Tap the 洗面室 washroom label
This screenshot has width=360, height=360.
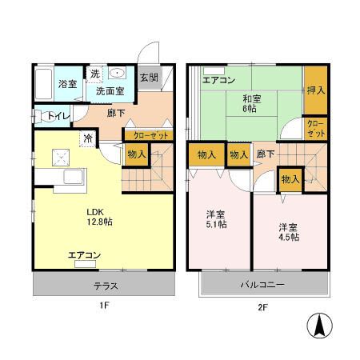click(110, 91)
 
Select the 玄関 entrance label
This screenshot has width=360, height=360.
click(149, 78)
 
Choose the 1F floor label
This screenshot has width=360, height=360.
click(103, 306)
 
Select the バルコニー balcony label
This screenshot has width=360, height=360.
click(263, 285)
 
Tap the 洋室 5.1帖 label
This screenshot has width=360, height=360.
click(216, 220)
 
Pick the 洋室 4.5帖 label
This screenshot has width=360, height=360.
click(289, 231)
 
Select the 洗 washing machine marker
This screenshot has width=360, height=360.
click(94, 74)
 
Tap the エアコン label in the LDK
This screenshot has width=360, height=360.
click(84, 255)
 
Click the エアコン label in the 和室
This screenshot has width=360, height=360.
click(218, 80)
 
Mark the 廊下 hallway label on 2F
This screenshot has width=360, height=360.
click(266, 154)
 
